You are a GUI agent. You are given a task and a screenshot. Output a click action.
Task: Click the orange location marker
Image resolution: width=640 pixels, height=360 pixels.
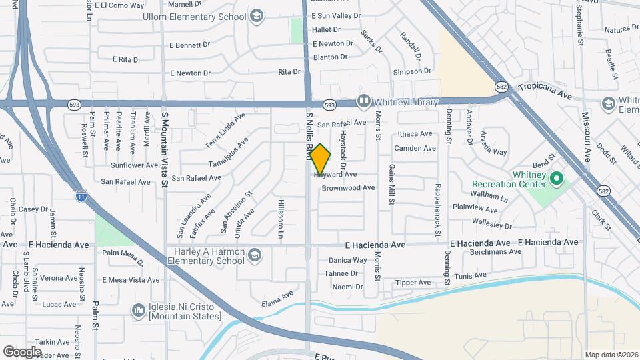[321, 159]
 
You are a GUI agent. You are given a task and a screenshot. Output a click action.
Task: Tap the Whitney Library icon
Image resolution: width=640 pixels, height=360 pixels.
[363, 102]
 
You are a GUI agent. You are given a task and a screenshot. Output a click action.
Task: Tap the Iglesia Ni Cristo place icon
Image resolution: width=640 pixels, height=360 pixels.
[138, 310]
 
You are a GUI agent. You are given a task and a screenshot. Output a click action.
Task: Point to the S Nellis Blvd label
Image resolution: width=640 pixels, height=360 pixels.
[309, 136]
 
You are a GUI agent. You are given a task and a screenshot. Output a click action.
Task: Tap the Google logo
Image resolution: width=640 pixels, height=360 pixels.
[22, 351]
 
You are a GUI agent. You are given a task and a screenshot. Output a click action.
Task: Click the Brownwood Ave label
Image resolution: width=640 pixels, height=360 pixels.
[348, 188]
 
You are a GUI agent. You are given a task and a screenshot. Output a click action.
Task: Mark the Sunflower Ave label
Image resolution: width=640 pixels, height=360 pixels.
[134, 165]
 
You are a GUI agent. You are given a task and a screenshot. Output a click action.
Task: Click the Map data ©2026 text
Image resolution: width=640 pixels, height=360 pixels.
[611, 354]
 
